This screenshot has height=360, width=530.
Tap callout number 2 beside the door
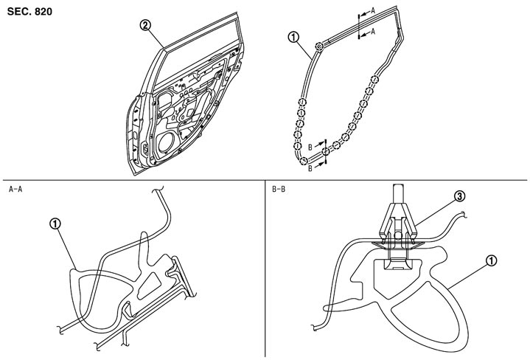tap(147, 25)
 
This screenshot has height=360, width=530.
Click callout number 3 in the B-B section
tap(458, 197)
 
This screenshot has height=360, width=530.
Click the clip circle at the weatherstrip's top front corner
tap(318, 47)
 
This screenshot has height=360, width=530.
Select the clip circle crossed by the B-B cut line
tap(325, 151)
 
